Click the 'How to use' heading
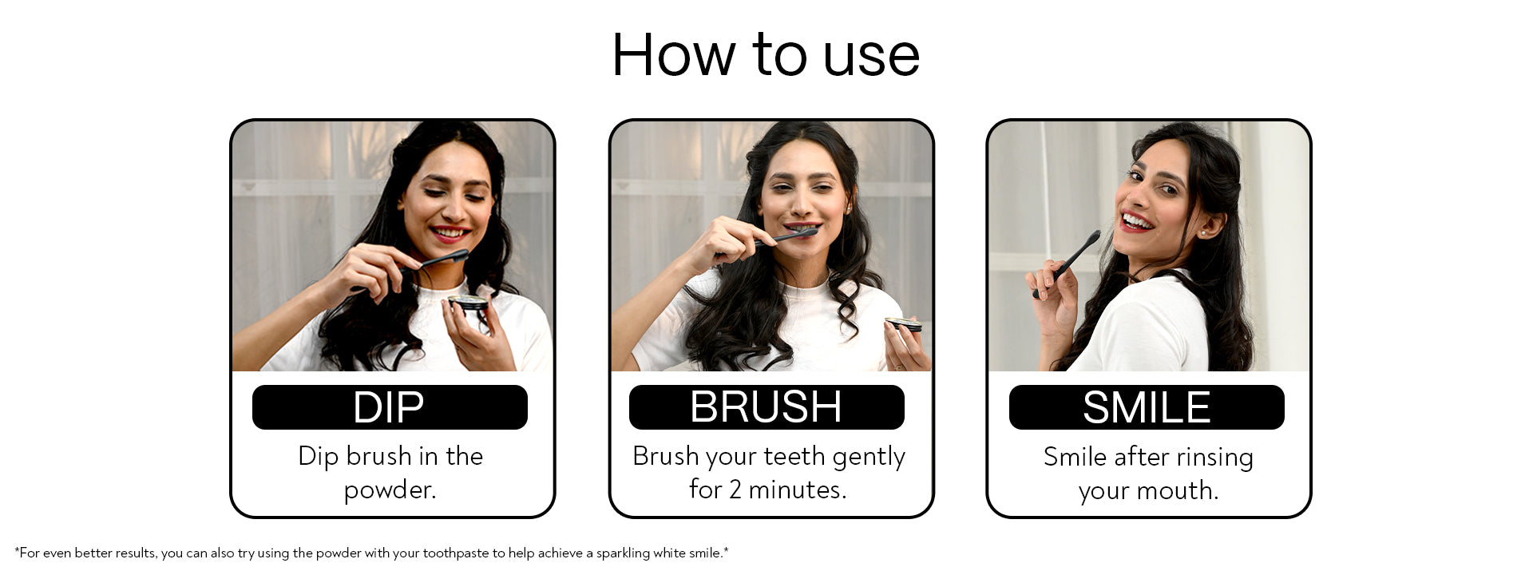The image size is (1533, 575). [x=766, y=55]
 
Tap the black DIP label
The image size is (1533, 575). [x=390, y=407]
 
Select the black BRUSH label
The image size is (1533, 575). [x=766, y=407]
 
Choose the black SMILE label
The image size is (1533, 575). [x=1147, y=407]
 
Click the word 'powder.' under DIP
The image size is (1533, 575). [x=390, y=490]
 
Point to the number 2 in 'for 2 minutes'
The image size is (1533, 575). [x=736, y=489]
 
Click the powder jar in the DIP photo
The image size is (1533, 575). [x=468, y=303]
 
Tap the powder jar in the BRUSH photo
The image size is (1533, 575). [x=903, y=324]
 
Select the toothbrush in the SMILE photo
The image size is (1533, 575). [x=1068, y=264]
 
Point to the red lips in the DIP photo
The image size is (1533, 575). [x=450, y=233]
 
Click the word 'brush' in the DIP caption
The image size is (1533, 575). [x=378, y=456]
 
